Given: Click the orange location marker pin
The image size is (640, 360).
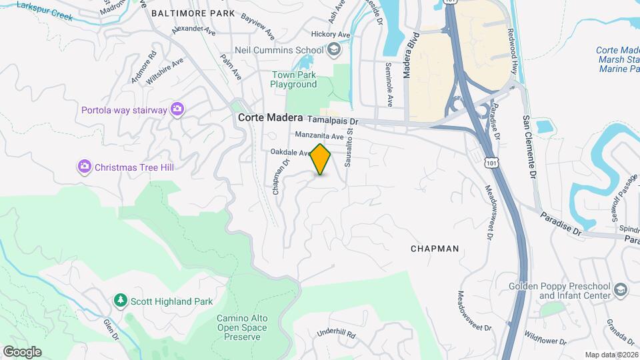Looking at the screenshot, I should click(321, 159).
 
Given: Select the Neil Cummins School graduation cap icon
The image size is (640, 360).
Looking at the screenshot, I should click(334, 49).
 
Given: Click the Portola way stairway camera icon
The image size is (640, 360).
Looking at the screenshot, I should click(177, 109).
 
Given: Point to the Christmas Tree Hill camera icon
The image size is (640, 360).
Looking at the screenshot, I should click(85, 166).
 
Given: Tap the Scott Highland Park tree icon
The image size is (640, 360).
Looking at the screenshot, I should click(120, 301).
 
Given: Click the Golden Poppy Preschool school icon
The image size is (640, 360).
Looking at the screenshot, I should click(621, 289).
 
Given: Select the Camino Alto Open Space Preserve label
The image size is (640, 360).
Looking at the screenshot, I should click(241, 327).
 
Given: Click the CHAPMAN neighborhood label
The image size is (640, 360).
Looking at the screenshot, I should click(435, 249).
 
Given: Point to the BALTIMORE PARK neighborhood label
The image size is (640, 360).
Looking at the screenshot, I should click(193, 13).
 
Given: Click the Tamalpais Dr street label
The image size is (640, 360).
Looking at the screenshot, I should click(335, 121).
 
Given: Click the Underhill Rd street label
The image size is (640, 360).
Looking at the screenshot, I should click(337, 333).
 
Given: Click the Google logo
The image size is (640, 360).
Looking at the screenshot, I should click(22, 351).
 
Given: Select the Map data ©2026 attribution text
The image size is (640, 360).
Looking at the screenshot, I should click(611, 355).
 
